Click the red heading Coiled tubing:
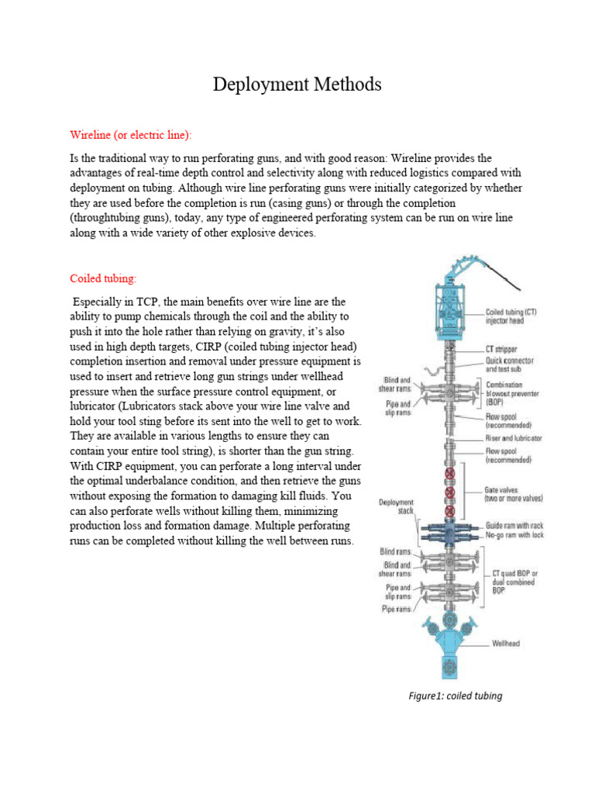(102, 278)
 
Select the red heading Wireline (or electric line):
(130, 135)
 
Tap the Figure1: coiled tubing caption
(456, 696)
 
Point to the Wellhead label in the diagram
(507, 644)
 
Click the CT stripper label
(501, 350)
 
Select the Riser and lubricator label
(514, 438)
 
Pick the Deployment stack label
(397, 506)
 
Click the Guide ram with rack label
(514, 526)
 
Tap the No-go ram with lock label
(513, 536)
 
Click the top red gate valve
(448, 474)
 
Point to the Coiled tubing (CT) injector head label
(511, 316)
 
